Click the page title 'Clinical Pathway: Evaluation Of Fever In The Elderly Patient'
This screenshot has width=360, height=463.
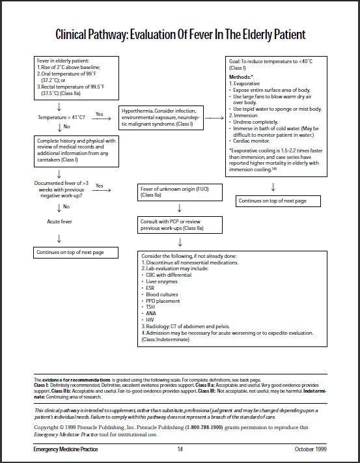pos(180,33)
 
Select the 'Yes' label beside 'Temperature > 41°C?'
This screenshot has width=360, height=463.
pos(100,114)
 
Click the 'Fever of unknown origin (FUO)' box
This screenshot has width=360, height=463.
pos(180,191)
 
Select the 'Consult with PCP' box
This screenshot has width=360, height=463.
pos(180,225)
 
